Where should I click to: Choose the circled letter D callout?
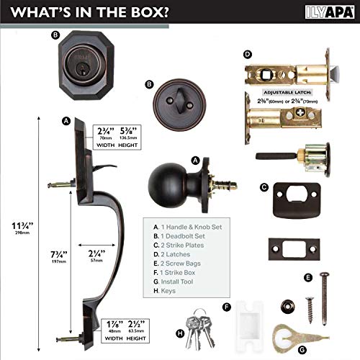tap(247, 54)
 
